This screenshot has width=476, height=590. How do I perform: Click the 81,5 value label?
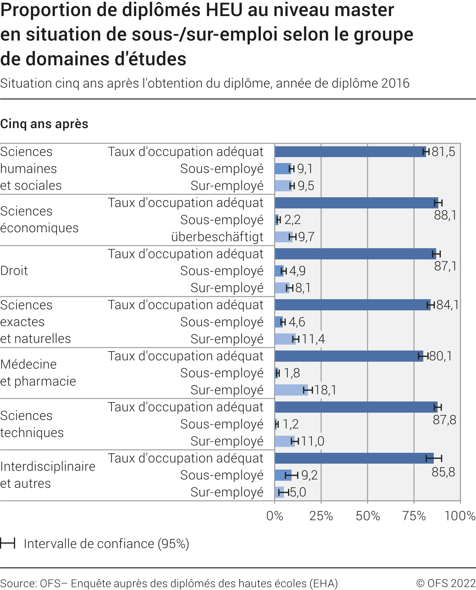pyautogui.click(x=443, y=152)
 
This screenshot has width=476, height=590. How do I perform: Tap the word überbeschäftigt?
pyautogui.click(x=217, y=237)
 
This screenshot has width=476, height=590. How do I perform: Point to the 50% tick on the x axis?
pyautogui.click(x=368, y=516)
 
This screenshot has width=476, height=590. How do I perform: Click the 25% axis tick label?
pyautogui.click(x=321, y=516)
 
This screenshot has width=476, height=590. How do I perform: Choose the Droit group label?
pyautogui.click(x=14, y=271)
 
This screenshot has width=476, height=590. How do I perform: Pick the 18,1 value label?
pyautogui.click(x=325, y=390)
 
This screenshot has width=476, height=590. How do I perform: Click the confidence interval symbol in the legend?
pyautogui.click(x=8, y=543)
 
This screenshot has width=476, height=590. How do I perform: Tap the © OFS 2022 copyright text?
pyautogui.click(x=446, y=583)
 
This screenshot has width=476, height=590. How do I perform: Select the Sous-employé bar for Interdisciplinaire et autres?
pyautogui.click(x=283, y=475)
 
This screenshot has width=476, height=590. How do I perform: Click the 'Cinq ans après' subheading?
pyautogui.click(x=44, y=124)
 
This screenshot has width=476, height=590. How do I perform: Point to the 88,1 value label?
pyautogui.click(x=445, y=215)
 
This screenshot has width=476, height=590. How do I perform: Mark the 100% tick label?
pyautogui.click(x=460, y=516)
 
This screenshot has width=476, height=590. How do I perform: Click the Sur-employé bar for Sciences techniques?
pyautogui.click(x=284, y=441)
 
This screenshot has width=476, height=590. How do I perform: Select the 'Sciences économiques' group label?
pyautogui.click(x=39, y=220)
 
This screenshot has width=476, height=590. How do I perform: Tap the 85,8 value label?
pyautogui.click(x=443, y=472)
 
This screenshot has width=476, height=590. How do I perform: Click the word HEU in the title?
pyautogui.click(x=224, y=10)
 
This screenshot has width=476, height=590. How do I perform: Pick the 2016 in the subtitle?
pyautogui.click(x=395, y=83)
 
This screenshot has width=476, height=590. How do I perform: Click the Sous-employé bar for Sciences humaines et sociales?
pyautogui.click(x=283, y=169)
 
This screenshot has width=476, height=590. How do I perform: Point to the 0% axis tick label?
pyautogui.click(x=274, y=516)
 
